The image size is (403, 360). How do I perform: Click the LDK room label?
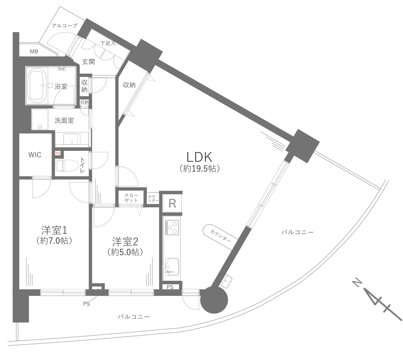tap(199, 157)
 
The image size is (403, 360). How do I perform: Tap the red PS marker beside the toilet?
tap(58, 153)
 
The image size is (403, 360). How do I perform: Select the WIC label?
tap(35, 155)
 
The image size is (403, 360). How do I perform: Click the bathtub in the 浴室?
tap(37, 85)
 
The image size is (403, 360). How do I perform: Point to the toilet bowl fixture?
tap(67, 166)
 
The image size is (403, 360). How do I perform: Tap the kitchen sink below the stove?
tap(172, 267)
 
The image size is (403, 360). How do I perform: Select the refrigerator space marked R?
tap(172, 203)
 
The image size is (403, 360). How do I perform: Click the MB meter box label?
tap(34, 52)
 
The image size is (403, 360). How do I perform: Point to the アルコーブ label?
tap(65, 26)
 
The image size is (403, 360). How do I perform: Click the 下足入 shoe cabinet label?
tap(108, 43)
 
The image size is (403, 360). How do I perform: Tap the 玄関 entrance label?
tap(88, 62)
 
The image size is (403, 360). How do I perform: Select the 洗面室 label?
tap(64, 120)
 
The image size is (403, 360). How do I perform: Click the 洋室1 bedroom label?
tap(54, 230)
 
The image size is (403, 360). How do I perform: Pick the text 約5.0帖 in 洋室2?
tap(125, 252)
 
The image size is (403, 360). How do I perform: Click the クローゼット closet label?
tap(131, 198)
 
